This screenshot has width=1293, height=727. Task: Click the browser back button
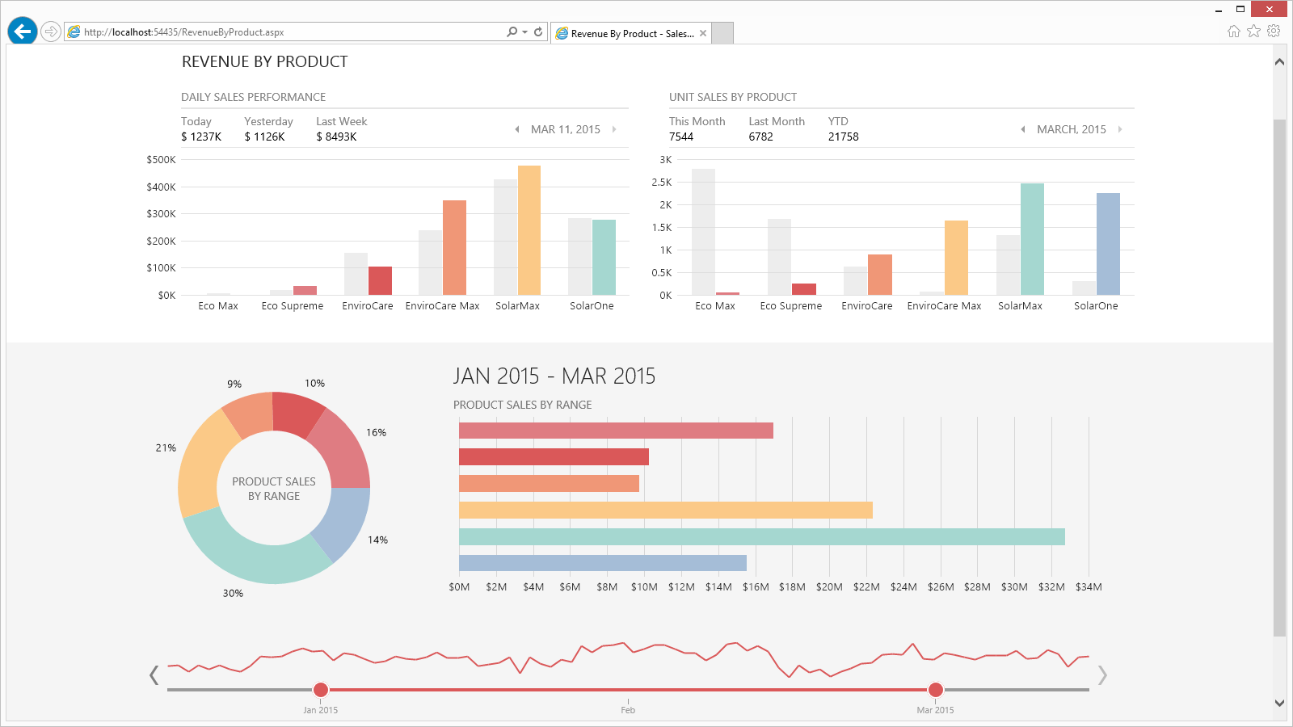click(x=23, y=32)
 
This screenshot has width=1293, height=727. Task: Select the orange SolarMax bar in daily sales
click(x=529, y=230)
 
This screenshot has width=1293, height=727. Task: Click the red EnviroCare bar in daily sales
click(x=380, y=280)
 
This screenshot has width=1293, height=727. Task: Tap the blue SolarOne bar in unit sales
click(x=1108, y=244)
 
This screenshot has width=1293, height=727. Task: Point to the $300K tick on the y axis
click(x=161, y=214)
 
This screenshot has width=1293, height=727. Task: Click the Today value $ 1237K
click(x=201, y=137)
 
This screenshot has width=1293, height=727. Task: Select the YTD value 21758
click(x=843, y=137)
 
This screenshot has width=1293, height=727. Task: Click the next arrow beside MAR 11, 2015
click(x=614, y=129)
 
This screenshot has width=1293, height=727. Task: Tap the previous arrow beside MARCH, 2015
click(x=1023, y=129)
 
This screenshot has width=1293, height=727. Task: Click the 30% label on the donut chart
click(x=233, y=593)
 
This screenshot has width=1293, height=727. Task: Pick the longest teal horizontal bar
click(x=761, y=537)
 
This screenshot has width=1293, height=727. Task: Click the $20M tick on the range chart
click(x=829, y=587)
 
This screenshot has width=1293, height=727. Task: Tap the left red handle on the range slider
click(x=321, y=689)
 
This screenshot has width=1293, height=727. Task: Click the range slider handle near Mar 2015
click(x=936, y=689)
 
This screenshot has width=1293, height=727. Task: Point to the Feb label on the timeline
click(x=628, y=710)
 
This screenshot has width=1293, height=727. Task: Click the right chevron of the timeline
click(x=1102, y=674)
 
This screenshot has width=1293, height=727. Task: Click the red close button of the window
click(x=1269, y=9)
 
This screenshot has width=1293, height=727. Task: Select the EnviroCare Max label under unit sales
click(x=944, y=306)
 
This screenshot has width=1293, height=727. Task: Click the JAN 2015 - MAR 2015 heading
click(x=554, y=376)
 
